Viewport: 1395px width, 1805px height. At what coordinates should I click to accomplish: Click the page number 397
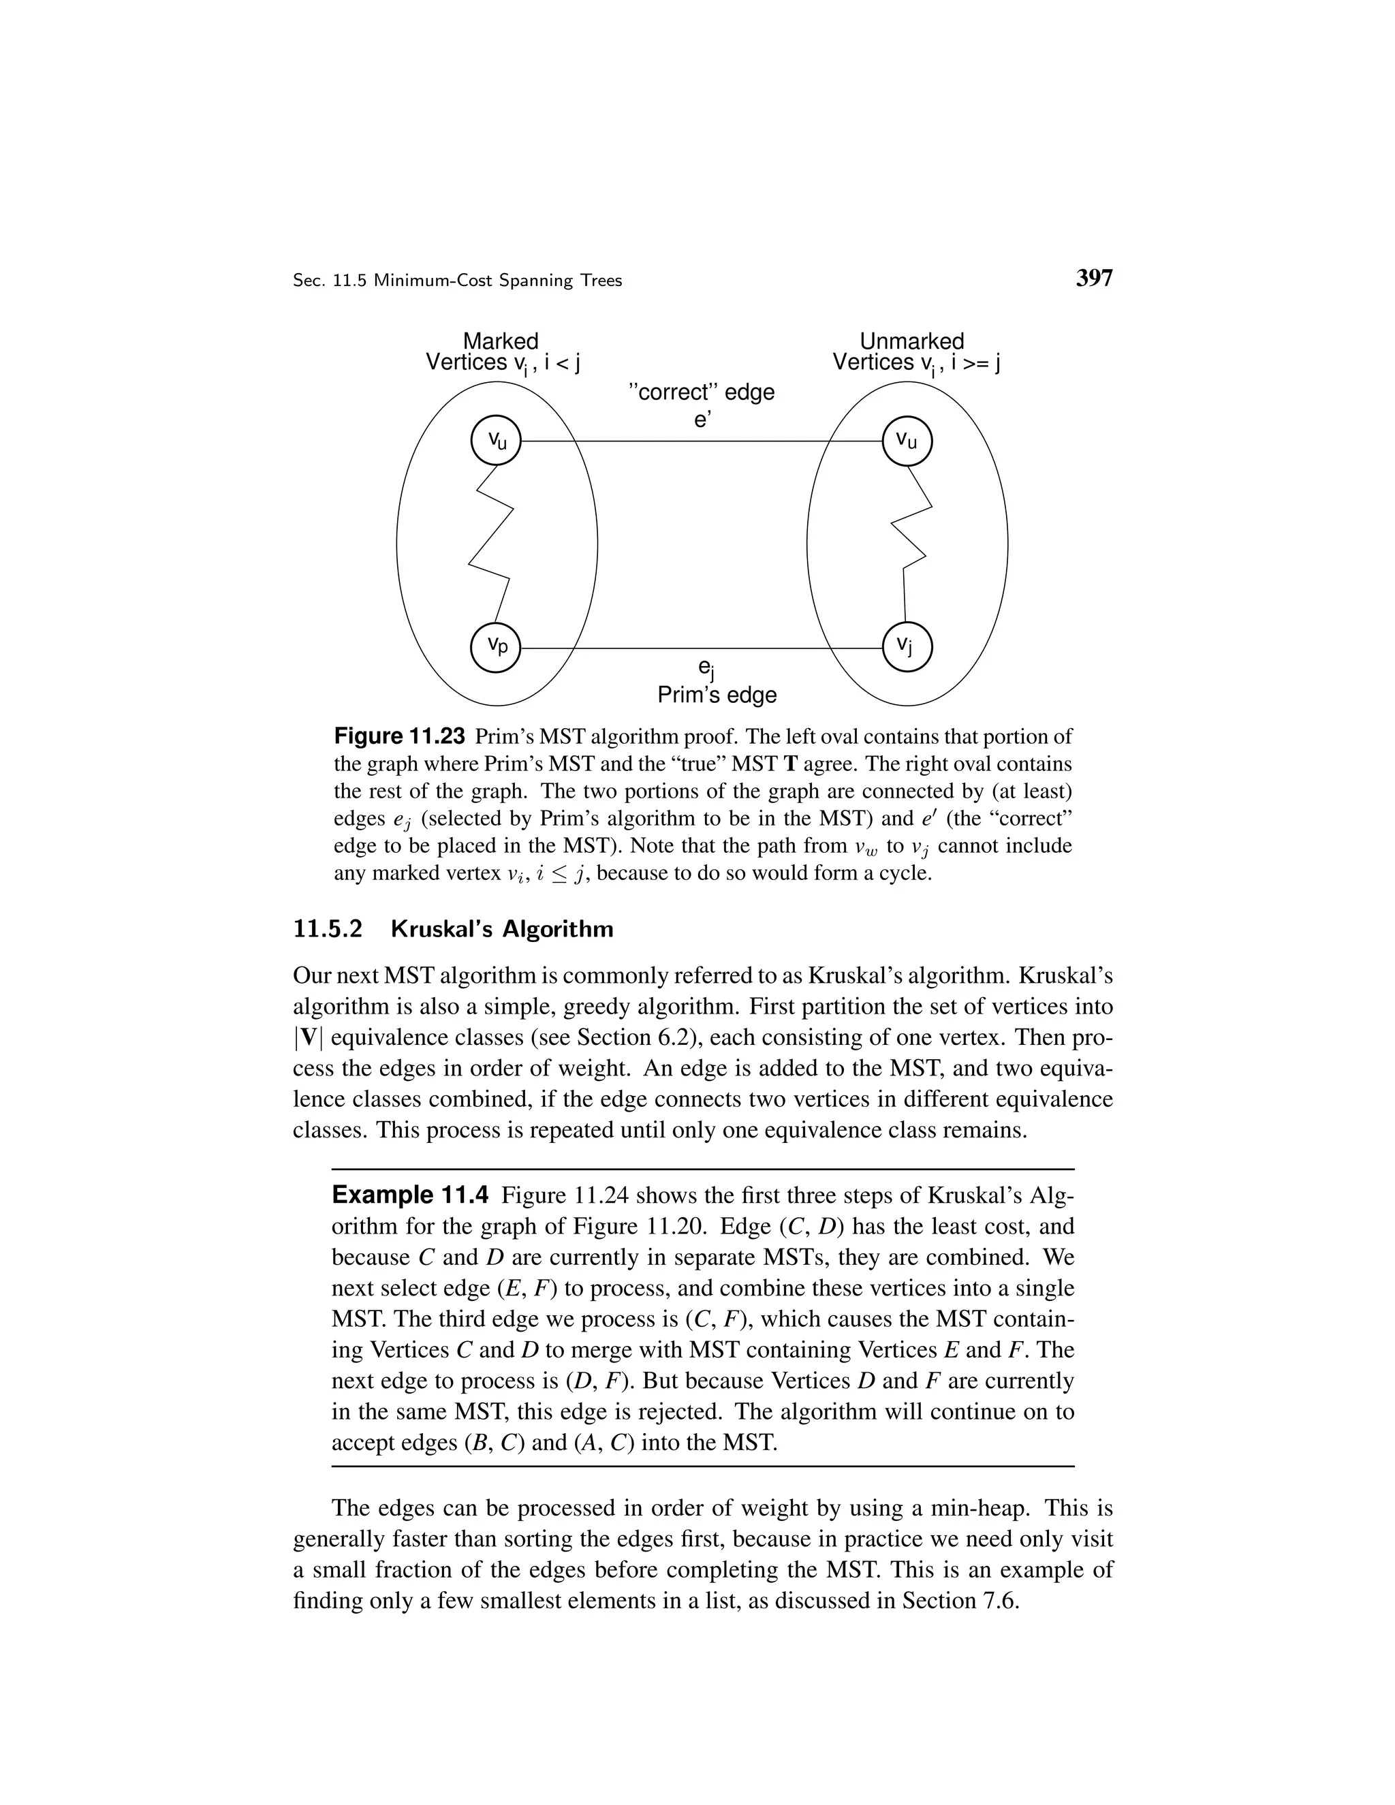point(1094,279)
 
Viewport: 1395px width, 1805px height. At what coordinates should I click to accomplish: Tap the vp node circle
point(495,648)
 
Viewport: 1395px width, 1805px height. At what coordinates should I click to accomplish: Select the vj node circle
point(907,648)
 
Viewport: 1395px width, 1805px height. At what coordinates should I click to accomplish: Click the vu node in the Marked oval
point(495,441)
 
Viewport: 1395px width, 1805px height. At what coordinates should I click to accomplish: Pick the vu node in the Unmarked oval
point(907,441)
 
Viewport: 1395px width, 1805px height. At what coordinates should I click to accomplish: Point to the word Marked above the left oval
point(500,341)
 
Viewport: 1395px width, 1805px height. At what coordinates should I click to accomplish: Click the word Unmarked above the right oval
point(911,341)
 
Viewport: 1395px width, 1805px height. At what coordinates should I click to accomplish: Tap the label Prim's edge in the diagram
point(717,695)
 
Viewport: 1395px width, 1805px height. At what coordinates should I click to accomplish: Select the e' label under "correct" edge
point(702,420)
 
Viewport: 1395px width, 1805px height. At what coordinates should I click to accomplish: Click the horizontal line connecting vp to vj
point(702,648)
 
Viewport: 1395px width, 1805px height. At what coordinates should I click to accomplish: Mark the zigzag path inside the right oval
point(913,546)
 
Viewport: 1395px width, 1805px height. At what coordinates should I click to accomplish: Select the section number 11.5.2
point(328,929)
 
